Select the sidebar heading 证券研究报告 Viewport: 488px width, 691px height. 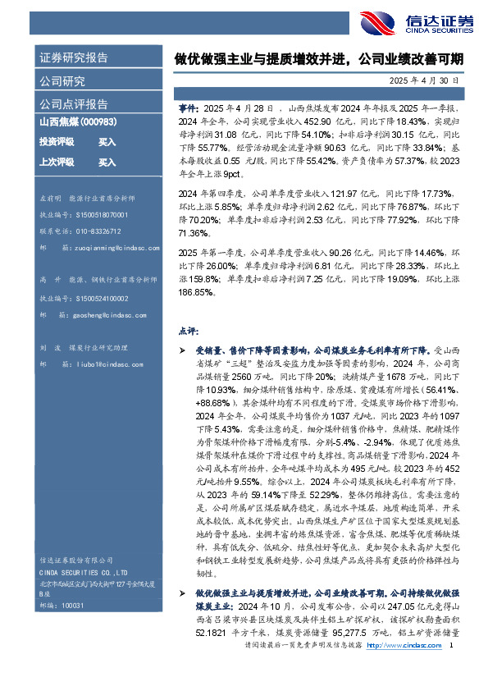point(74,58)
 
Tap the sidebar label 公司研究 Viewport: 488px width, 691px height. point(62,81)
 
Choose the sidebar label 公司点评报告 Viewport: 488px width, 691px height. point(74,104)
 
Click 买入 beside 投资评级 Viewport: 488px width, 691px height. point(107,141)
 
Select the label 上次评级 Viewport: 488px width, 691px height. point(56,162)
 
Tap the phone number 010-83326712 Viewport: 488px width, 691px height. point(96,231)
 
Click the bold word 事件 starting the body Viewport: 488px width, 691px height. point(188,108)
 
